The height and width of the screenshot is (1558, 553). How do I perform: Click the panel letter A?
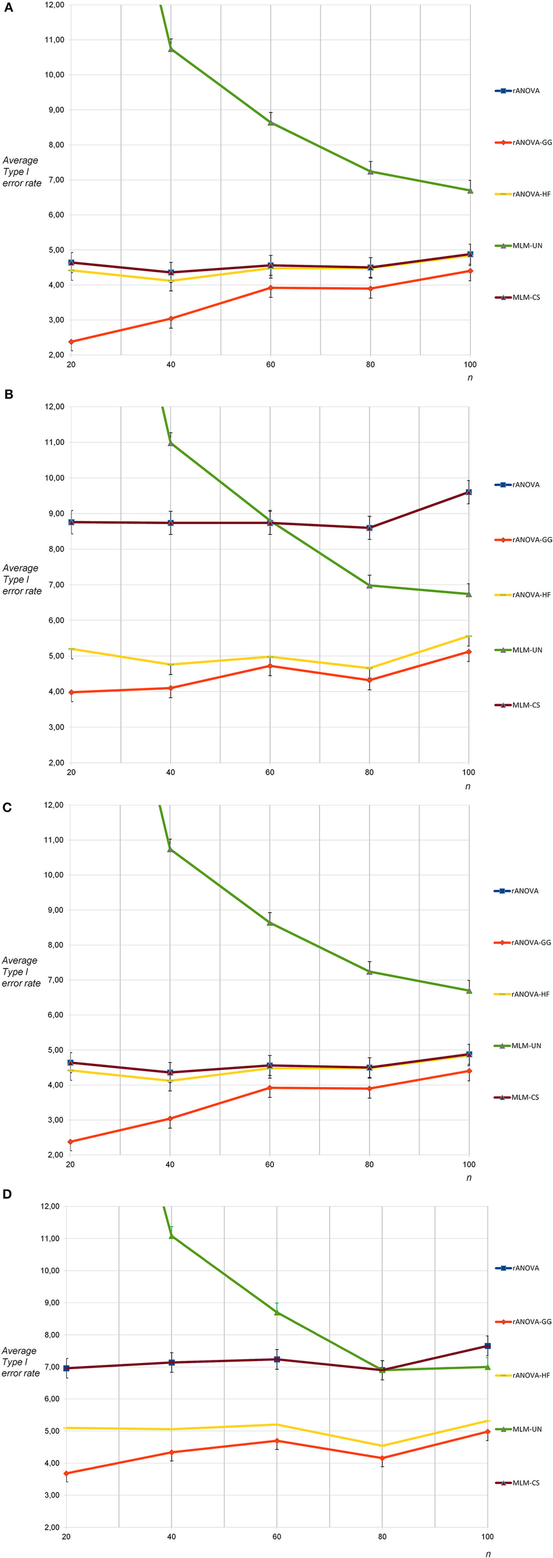tap(9, 9)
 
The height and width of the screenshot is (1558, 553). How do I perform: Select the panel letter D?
tap(7, 1193)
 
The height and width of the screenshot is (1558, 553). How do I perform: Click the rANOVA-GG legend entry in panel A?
tap(523, 143)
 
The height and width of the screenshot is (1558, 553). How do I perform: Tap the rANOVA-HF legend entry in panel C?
tap(522, 994)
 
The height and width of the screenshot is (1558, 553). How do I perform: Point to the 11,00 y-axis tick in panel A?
tap(54, 40)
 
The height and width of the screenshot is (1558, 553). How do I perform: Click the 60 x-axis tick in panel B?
tap(270, 772)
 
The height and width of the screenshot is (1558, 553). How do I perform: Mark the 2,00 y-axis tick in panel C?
tap(54, 1155)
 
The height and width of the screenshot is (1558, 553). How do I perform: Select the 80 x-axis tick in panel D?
tap(382, 1536)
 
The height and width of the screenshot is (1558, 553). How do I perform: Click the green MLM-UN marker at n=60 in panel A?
tap(271, 123)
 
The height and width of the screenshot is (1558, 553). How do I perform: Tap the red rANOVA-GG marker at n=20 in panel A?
tap(71, 342)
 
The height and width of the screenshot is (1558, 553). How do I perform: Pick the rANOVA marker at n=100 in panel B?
tap(469, 492)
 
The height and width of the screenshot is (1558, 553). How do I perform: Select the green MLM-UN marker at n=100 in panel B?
tap(469, 594)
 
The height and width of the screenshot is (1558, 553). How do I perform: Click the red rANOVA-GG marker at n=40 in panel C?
tap(170, 1119)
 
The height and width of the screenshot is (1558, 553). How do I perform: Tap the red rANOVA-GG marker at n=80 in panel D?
tap(382, 1458)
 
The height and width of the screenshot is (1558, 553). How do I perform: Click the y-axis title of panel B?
tap(22, 580)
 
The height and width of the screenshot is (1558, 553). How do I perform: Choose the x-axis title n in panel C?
tap(469, 1178)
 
